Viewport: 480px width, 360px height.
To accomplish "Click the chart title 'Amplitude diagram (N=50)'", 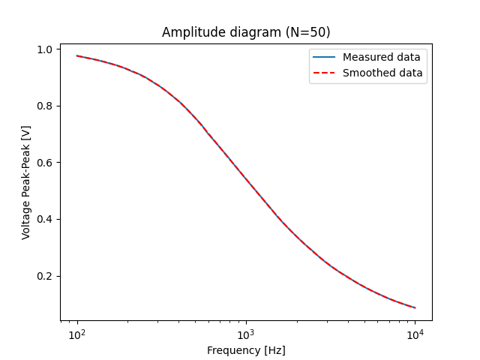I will point(246,33).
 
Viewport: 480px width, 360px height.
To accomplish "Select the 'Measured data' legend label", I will point(381,57).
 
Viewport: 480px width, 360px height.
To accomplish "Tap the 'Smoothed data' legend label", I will point(382,73).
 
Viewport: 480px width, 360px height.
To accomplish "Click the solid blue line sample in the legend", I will point(325,57).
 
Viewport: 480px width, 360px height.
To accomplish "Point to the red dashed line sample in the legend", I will point(325,73).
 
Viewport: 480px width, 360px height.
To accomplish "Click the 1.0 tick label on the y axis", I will point(46,49).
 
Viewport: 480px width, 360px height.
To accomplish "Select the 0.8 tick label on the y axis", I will point(46,106).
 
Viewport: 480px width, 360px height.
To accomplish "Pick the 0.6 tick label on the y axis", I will point(46,163).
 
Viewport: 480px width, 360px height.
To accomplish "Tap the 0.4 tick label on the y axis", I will point(46,220).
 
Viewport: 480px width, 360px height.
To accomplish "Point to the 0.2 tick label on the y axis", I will point(46,276).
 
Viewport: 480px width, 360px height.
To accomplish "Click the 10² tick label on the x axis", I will point(77,334).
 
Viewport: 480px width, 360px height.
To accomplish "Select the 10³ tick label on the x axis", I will point(246,334).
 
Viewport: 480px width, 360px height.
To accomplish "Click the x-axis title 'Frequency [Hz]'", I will point(246,350).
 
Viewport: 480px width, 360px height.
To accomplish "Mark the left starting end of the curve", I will point(77,55).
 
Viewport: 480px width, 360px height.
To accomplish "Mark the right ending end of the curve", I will point(415,307).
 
